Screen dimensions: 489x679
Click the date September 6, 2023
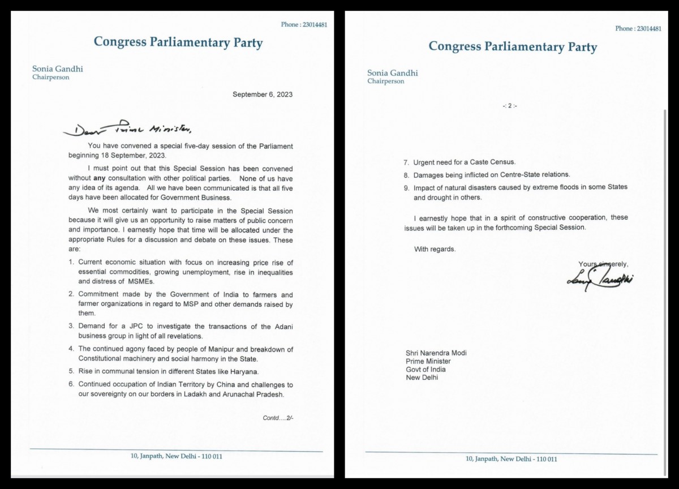(x=263, y=95)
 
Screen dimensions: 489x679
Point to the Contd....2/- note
(x=278, y=418)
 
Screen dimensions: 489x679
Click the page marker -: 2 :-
(x=509, y=106)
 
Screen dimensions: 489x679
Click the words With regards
(x=435, y=249)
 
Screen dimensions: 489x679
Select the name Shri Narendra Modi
(x=436, y=353)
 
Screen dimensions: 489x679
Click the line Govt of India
(x=426, y=370)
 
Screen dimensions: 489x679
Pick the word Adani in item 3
(x=282, y=327)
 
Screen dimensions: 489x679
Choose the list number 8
(x=406, y=175)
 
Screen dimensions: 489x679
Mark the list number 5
(x=71, y=371)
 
